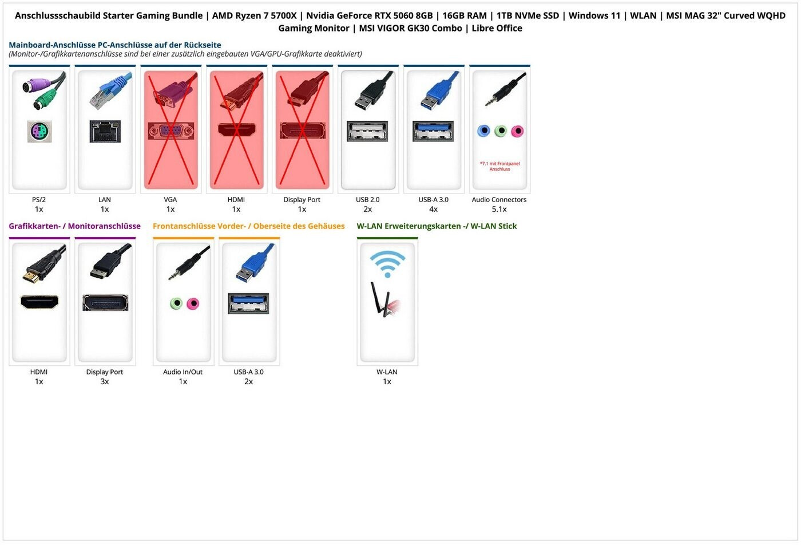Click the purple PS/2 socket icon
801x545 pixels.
(x=39, y=132)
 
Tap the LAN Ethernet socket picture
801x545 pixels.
(x=105, y=132)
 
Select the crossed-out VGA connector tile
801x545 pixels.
(x=170, y=129)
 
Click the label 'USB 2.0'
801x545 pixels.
(x=367, y=200)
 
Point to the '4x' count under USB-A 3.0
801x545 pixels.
(x=433, y=210)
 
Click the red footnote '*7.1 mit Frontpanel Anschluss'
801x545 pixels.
(x=499, y=167)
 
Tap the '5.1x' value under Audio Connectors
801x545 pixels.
(x=499, y=210)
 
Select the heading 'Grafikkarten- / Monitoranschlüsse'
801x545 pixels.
(x=74, y=226)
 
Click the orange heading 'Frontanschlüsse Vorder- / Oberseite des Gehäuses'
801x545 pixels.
(x=248, y=226)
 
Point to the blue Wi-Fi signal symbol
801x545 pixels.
(x=387, y=263)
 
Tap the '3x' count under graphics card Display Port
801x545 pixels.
(x=104, y=382)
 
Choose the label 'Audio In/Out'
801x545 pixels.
(x=183, y=372)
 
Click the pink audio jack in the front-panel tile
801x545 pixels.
(x=193, y=303)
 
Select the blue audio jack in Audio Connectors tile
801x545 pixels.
(x=483, y=131)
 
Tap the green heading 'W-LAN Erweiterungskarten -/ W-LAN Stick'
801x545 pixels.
(x=436, y=226)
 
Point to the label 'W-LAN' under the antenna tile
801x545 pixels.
(x=387, y=372)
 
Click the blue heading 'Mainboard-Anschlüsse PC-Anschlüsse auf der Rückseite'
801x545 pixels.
(x=114, y=45)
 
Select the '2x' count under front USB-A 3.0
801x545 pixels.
(x=248, y=382)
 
